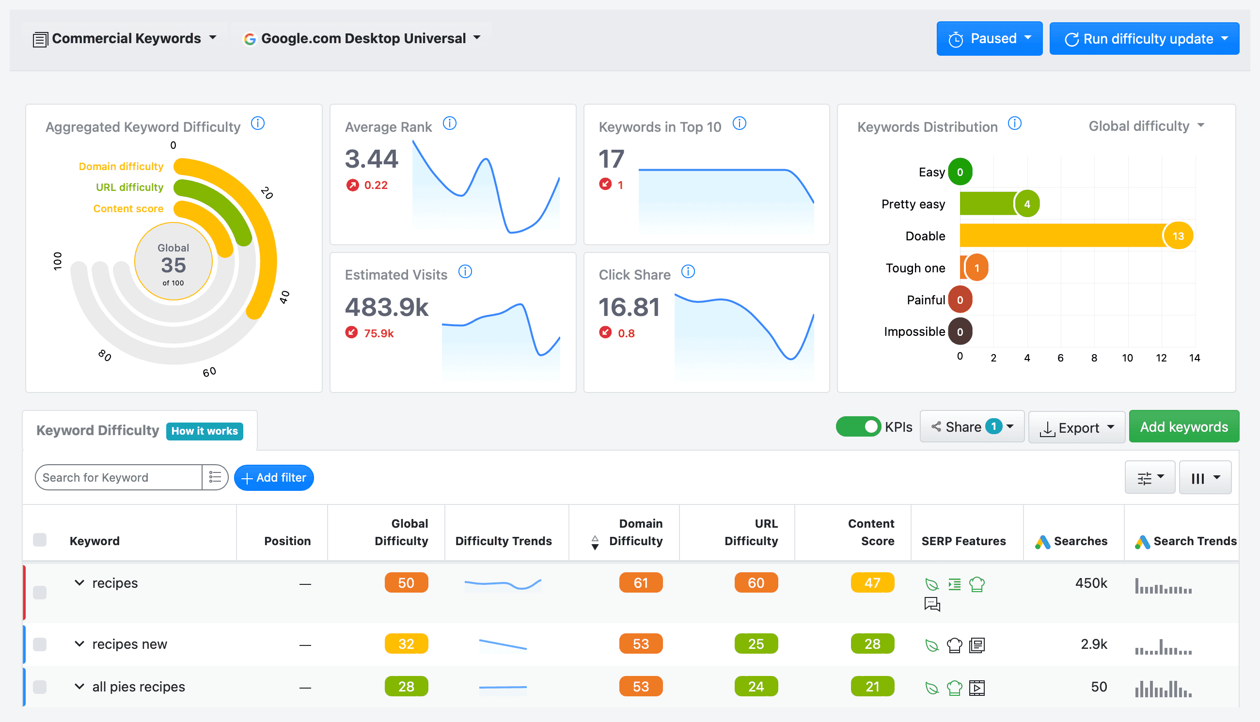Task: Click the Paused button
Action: click(x=989, y=38)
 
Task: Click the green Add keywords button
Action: click(x=1183, y=426)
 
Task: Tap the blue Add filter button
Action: click(x=274, y=477)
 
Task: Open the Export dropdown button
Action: click(x=1076, y=427)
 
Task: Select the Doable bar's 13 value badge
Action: click(x=1178, y=236)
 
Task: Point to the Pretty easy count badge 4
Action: click(x=1027, y=204)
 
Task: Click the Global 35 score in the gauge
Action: click(x=173, y=265)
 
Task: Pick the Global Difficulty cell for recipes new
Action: click(x=406, y=644)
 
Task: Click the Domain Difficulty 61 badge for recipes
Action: click(x=641, y=582)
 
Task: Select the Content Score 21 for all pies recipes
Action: click(x=872, y=686)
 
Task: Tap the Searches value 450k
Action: click(x=1091, y=582)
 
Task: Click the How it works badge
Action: click(x=205, y=431)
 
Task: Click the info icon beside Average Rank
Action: click(x=449, y=123)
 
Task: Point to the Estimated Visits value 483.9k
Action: click(x=387, y=307)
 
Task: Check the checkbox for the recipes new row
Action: click(x=40, y=644)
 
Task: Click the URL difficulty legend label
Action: click(x=129, y=187)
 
